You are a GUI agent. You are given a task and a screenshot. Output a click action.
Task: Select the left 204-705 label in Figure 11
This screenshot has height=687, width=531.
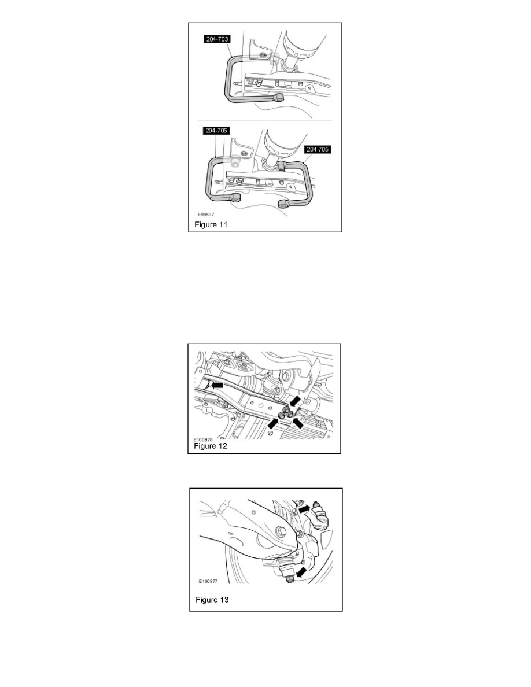click(216, 131)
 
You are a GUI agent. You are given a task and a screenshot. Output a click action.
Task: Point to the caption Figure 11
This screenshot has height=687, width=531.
click(209, 225)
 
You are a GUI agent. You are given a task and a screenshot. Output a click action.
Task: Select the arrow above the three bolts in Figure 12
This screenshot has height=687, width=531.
click(294, 400)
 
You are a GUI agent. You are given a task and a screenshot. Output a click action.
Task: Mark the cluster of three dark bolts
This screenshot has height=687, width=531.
click(285, 413)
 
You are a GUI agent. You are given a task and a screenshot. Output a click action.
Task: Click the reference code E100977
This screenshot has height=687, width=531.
click(208, 581)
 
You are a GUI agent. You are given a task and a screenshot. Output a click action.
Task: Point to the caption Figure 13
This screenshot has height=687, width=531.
click(212, 600)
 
